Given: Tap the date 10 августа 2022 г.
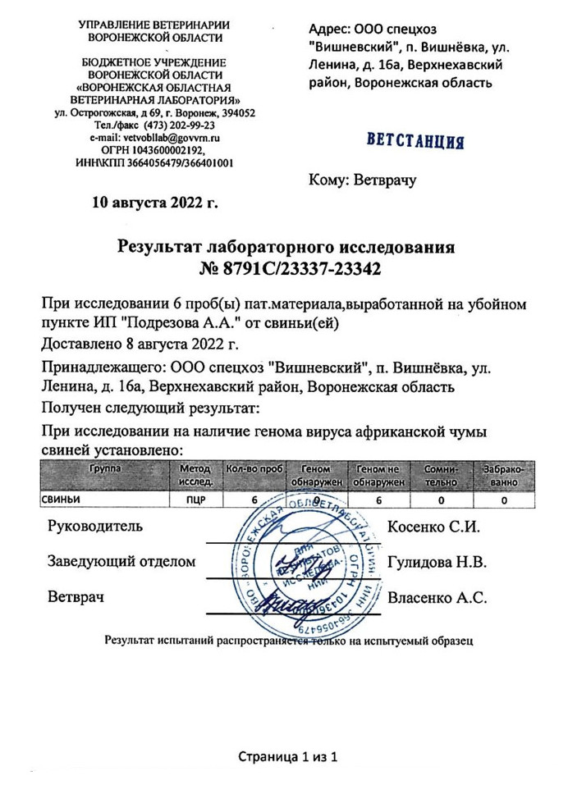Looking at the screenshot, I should (x=154, y=203).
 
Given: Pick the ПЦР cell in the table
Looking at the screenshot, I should (x=195, y=499).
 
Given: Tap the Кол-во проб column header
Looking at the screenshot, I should (x=254, y=469).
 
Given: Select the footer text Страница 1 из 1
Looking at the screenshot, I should (x=288, y=755).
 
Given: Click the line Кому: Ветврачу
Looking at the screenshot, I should (x=363, y=178).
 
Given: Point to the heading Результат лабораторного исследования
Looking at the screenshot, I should (x=285, y=247).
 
